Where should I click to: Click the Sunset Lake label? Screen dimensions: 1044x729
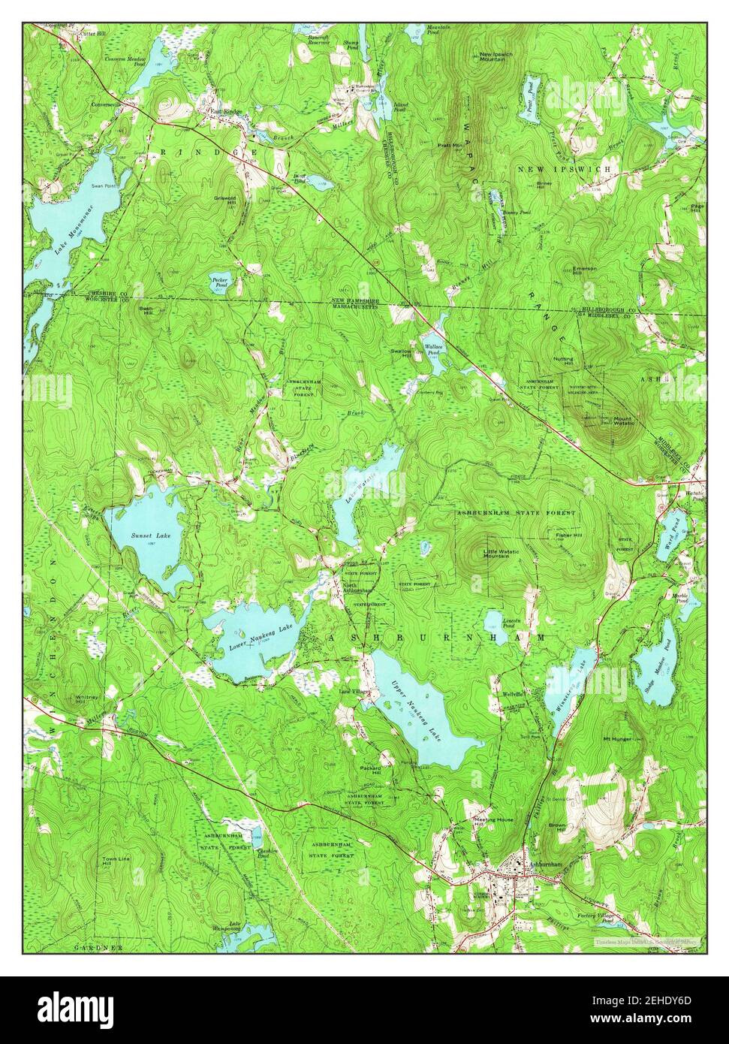(x=147, y=536)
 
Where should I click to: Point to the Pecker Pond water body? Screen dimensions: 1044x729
(x=218, y=281)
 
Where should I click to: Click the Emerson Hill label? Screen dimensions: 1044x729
(x=583, y=271)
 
